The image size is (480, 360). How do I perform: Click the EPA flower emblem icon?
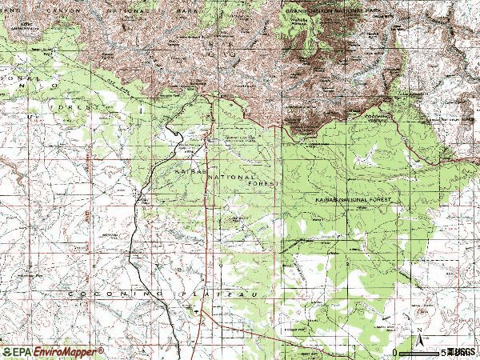coord(6,352)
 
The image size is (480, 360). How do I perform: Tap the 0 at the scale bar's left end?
coord(395,352)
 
